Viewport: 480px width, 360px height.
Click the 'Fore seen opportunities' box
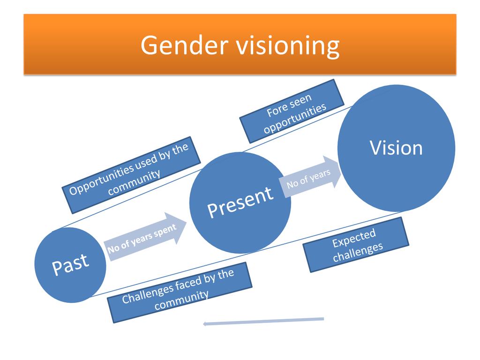click(292, 111)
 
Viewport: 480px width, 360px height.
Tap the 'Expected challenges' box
click(356, 245)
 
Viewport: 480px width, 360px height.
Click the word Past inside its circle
click(70, 264)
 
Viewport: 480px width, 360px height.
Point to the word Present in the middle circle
click(240, 201)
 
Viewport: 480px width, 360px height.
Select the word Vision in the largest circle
click(397, 148)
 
